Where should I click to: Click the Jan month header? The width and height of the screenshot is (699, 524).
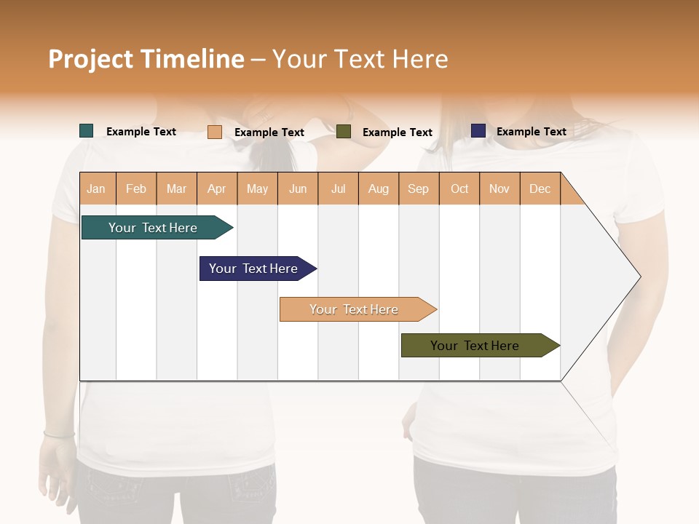click(96, 188)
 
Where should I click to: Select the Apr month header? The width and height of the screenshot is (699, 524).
click(216, 188)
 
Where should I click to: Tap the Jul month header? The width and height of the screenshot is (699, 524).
click(338, 188)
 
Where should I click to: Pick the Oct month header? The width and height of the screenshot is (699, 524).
click(459, 188)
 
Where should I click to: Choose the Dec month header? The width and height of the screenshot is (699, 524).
click(540, 188)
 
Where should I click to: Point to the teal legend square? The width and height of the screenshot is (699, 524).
click(86, 131)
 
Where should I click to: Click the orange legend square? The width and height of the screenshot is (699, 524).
click(214, 132)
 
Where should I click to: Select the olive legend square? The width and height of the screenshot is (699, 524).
click(344, 132)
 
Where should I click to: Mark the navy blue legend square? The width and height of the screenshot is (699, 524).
click(478, 131)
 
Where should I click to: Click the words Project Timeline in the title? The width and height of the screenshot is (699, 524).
click(146, 59)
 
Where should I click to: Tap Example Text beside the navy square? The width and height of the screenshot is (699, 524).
click(531, 132)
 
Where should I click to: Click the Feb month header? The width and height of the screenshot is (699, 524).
click(136, 188)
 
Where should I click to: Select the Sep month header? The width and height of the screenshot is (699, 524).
click(418, 188)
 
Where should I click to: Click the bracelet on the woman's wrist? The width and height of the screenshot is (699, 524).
click(58, 434)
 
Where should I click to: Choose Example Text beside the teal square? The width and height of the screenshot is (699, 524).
click(141, 132)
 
